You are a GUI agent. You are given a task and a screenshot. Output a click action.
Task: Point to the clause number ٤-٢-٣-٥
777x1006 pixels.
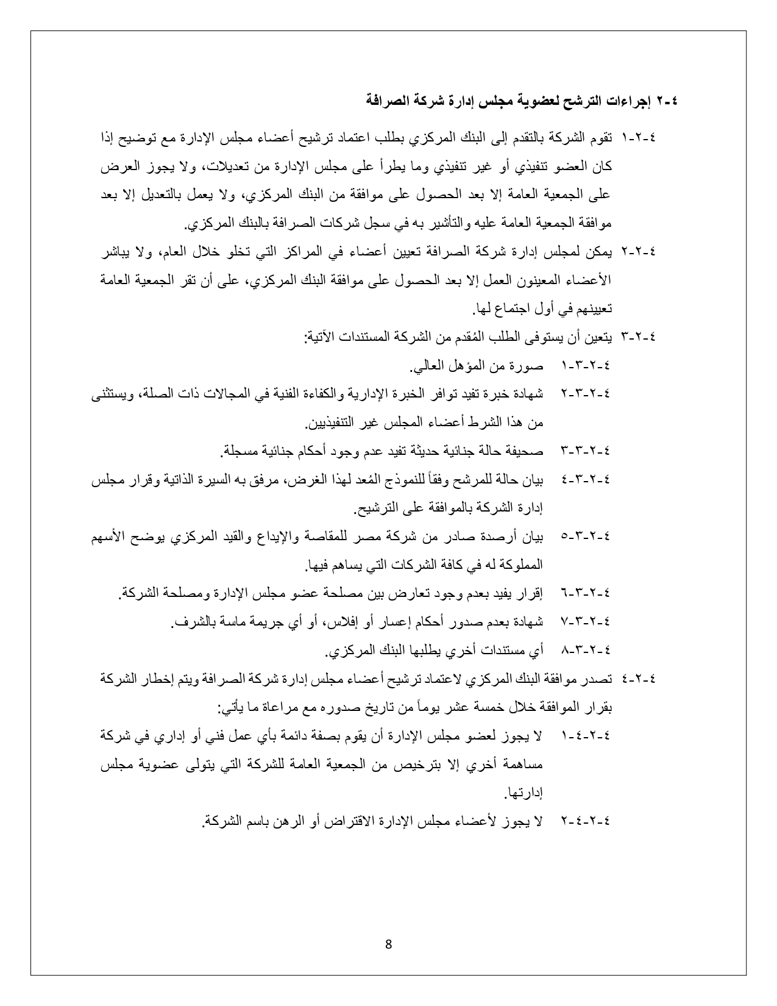pos(585,537)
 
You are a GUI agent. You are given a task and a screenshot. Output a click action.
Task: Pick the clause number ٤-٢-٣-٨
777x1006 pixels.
pos(585,651)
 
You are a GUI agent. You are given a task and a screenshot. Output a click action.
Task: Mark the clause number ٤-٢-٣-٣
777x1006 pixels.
pos(585,452)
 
